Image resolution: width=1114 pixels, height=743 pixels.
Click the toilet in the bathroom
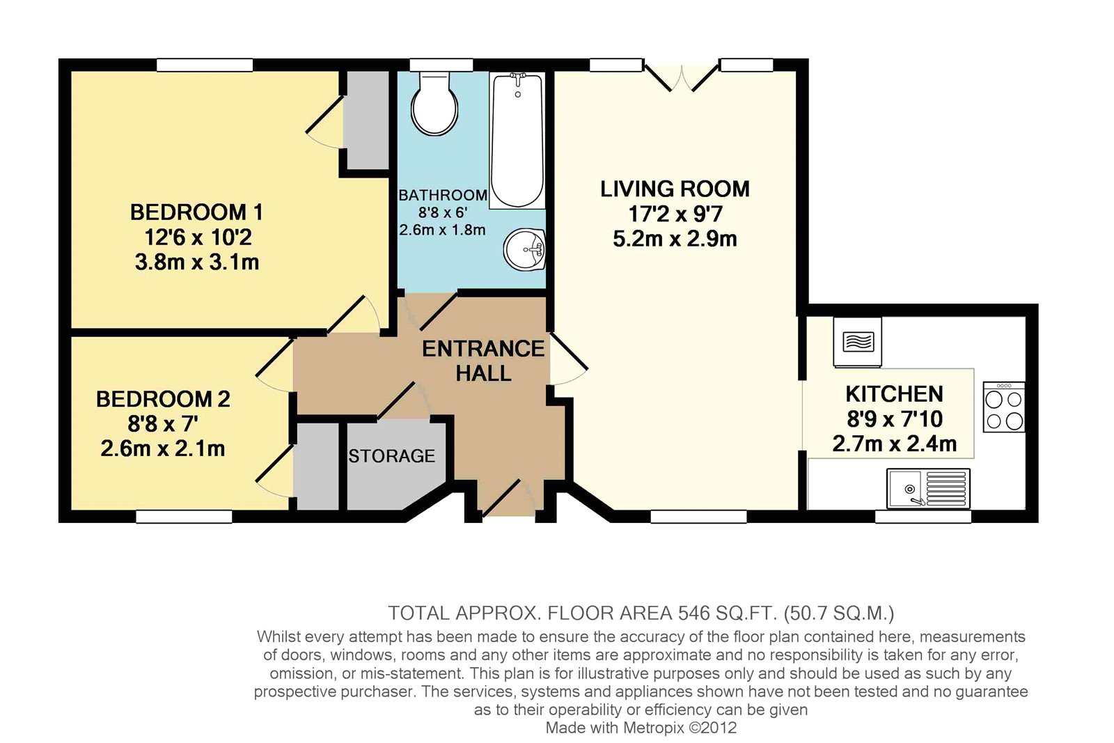click(434, 104)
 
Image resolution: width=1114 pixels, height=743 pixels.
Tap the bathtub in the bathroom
click(517, 140)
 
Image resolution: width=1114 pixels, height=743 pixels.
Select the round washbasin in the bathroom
click(525, 249)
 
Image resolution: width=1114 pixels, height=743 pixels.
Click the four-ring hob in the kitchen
click(1004, 407)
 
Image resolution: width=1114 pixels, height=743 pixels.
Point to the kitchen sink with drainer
click(928, 489)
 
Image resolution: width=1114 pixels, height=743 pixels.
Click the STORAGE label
click(391, 456)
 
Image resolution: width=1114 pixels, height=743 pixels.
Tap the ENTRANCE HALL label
click(483, 361)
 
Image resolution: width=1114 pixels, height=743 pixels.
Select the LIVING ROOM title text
click(675, 189)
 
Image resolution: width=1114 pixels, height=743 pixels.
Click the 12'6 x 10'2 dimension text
click(198, 237)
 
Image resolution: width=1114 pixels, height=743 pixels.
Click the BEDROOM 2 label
click(163, 399)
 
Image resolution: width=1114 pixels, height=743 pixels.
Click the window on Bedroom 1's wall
click(205, 65)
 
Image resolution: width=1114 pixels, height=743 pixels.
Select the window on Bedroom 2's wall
click(184, 517)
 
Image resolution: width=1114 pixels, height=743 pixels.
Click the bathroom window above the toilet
click(441, 65)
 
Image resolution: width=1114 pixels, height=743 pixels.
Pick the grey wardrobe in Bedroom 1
click(368, 120)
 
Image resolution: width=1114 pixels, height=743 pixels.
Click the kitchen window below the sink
click(923, 517)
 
